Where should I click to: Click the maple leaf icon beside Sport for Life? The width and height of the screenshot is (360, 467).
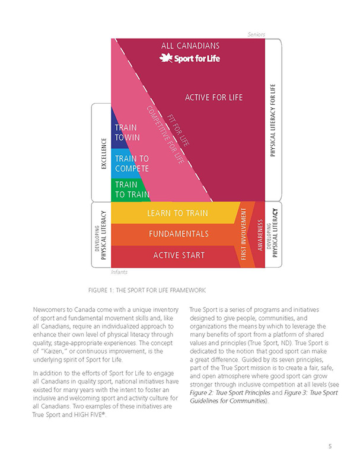[165, 57]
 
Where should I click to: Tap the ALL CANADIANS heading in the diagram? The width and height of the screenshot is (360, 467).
[190, 46]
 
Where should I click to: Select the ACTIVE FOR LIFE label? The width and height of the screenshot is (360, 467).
[214, 97]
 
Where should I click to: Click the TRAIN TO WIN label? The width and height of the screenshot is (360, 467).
[128, 133]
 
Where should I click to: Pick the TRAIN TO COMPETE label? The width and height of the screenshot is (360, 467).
[132, 164]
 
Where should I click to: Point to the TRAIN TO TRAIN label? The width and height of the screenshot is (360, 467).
[132, 190]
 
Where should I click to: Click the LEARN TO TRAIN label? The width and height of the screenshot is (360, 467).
[177, 213]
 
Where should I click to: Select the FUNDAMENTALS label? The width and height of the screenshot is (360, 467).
[179, 234]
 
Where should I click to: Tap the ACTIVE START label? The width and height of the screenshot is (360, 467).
[179, 255]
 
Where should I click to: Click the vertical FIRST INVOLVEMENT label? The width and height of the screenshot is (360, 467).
[244, 234]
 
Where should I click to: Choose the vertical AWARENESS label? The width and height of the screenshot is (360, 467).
[260, 235]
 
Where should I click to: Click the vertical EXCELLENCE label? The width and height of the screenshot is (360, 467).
[104, 153]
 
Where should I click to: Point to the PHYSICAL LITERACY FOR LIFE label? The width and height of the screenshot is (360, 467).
[273, 120]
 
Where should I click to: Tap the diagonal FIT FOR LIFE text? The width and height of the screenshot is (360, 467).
[178, 130]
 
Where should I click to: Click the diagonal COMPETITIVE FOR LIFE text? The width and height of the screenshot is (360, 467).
[165, 135]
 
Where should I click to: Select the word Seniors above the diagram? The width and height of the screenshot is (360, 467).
[256, 34]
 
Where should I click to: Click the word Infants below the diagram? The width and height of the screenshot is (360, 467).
[119, 272]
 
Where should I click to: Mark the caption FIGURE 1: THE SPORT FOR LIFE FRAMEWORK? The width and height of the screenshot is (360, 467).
[147, 290]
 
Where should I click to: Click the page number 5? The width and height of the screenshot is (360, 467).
[330, 446]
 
